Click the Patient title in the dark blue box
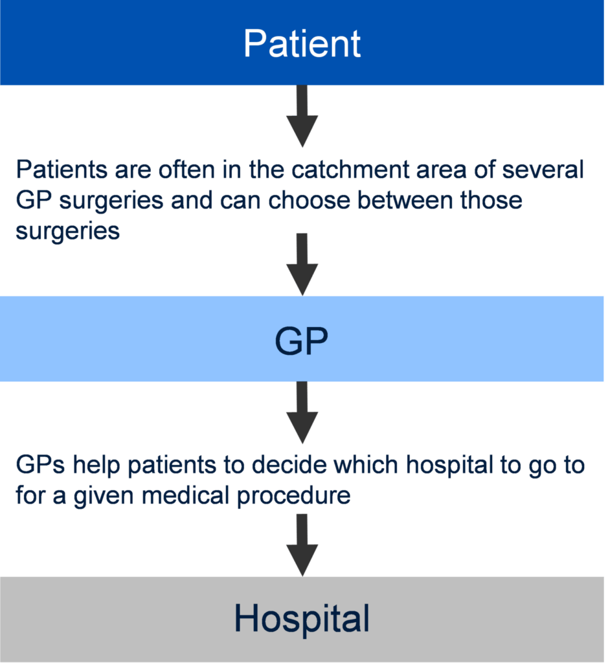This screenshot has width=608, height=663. tap(302, 43)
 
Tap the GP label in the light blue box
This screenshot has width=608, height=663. tap(302, 341)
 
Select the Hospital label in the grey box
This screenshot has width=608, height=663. tap(302, 618)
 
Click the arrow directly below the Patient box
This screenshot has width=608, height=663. tap(302, 116)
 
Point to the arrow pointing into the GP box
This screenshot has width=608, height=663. tap(302, 264)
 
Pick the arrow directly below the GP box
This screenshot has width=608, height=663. tap(302, 412)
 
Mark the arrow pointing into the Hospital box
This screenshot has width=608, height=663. tap(302, 545)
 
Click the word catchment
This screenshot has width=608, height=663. tap(350, 170)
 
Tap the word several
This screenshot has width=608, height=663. tap(543, 170)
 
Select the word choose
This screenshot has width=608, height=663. tap(310, 200)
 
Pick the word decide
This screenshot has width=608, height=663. tap(289, 465)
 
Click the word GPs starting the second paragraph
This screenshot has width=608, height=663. tap(41, 465)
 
